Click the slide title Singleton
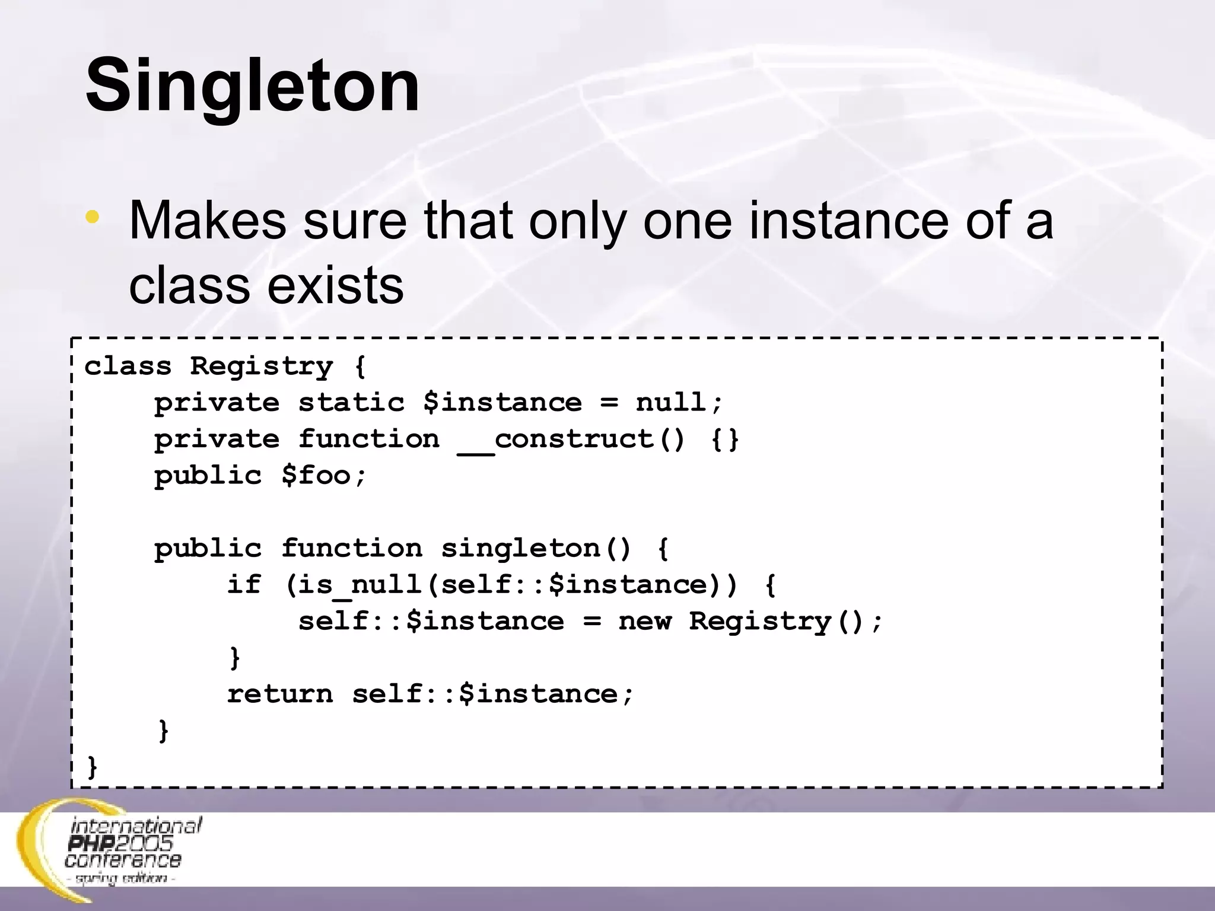252,86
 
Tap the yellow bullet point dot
92,217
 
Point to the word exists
335,286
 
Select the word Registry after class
262,367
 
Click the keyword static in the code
351,403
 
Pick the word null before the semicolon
670,403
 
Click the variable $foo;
324,476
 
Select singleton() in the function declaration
536,549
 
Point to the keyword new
645,622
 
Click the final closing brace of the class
92,767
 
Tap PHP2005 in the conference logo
120,843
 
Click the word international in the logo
136,826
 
